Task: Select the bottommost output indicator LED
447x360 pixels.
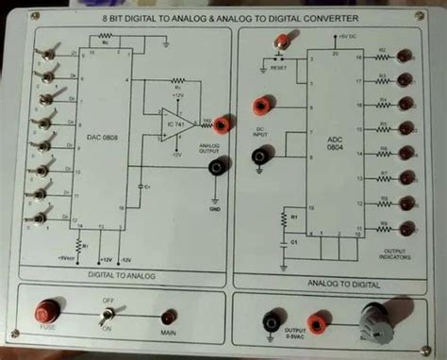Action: pos(406,227)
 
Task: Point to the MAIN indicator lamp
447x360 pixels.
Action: pos(169,317)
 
